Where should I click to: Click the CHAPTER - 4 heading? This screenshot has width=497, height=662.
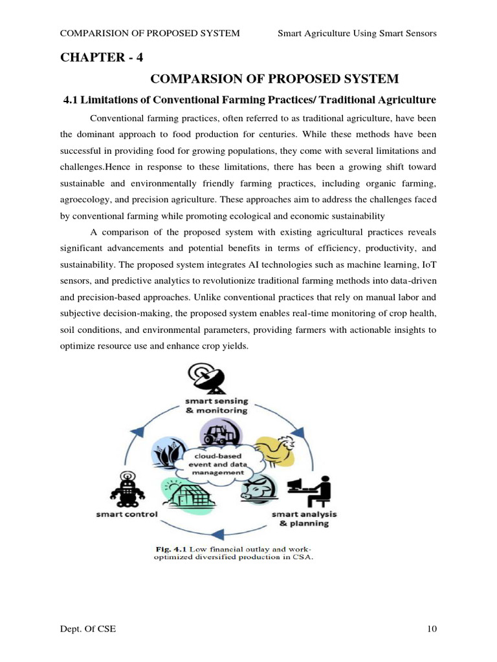pos(102,57)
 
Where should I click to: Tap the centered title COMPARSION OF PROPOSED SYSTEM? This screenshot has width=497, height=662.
pos(275,79)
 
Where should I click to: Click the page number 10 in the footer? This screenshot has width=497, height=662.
pos(432,629)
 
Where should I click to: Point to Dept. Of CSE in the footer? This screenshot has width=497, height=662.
pos(88,629)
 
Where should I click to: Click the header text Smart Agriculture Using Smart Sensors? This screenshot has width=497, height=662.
pos(357,33)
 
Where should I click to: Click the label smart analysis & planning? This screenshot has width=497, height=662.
pos(300,519)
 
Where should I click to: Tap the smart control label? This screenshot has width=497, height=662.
pos(127,515)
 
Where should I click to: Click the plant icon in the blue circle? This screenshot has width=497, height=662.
pos(168,453)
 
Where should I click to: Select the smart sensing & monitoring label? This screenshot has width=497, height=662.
pos(215,405)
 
